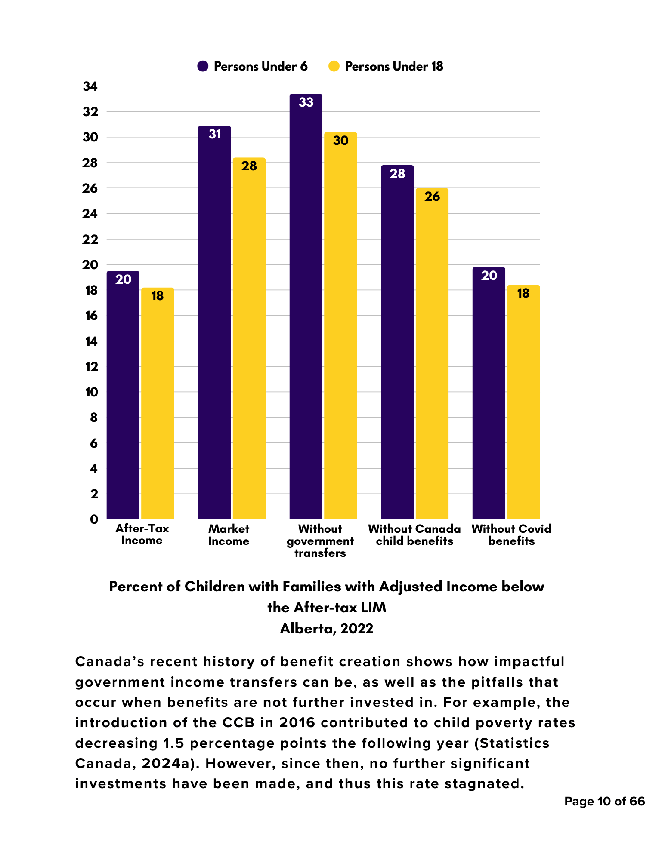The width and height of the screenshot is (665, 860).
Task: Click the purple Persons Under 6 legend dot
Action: pyautogui.click(x=203, y=66)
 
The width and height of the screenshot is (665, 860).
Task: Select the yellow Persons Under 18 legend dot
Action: pyautogui.click(x=334, y=66)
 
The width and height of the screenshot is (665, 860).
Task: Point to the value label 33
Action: pyautogui.click(x=306, y=102)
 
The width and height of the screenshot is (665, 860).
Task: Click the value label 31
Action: pyautogui.click(x=214, y=135)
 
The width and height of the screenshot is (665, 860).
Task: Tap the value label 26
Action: pyautogui.click(x=432, y=197)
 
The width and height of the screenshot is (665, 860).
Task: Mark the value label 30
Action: pyautogui.click(x=340, y=141)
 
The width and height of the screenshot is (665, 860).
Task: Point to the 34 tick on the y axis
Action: pyautogui.click(x=90, y=86)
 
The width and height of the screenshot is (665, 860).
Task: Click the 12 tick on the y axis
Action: pyautogui.click(x=92, y=367)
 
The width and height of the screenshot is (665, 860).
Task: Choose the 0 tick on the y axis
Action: pyautogui.click(x=94, y=519)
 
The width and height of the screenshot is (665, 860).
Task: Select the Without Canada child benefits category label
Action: pyautogui.click(x=414, y=535)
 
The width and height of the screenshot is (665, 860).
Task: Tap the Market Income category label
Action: pyautogui.click(x=229, y=535)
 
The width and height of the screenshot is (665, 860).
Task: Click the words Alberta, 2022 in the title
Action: pyautogui.click(x=327, y=629)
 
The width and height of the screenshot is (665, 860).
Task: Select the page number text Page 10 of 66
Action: pyautogui.click(x=604, y=802)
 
